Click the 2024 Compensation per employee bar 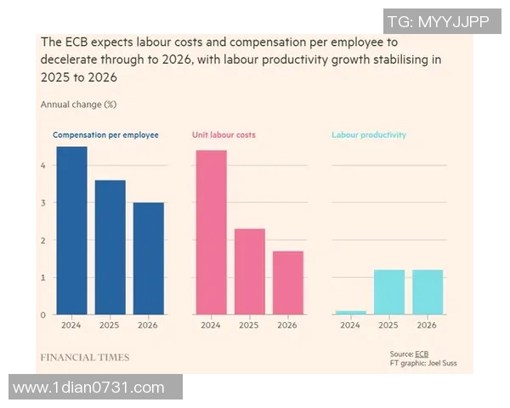[x=71, y=230]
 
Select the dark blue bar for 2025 [x=110, y=247]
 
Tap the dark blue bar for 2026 [x=148, y=258]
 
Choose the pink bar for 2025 [x=249, y=271]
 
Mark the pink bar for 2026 [x=287, y=282]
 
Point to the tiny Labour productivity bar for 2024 [x=350, y=312]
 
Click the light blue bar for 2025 [x=388, y=292]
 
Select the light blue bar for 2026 [x=427, y=292]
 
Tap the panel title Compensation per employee [x=105, y=135]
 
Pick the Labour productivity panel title [x=368, y=135]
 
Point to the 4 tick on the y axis [x=43, y=165]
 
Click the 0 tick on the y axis [x=43, y=314]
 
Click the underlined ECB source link [x=422, y=353]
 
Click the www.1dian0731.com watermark [x=88, y=388]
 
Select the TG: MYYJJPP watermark [x=437, y=22]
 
